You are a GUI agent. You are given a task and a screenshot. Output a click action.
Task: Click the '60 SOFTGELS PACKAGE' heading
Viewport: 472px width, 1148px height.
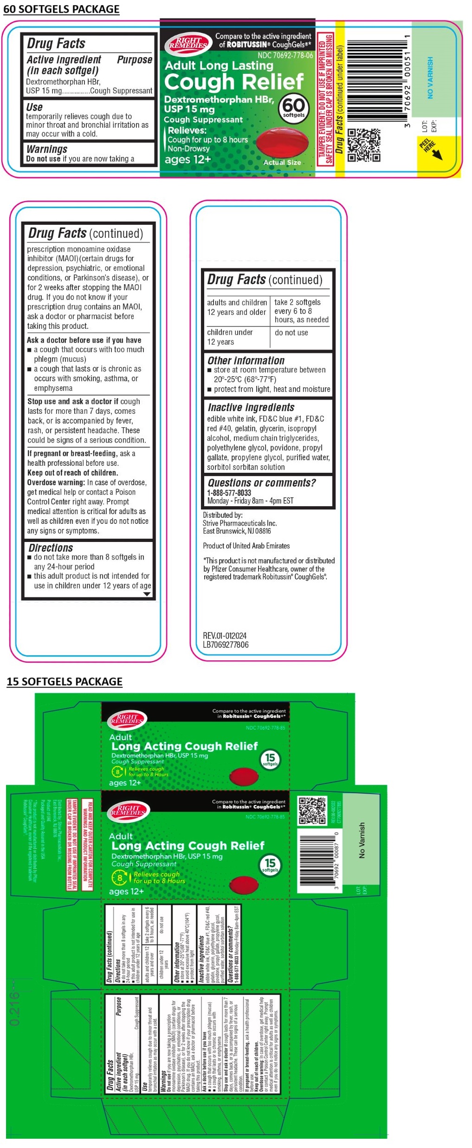(x=61, y=9)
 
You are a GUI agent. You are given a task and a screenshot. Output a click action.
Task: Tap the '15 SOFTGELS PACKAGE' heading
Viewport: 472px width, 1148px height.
(x=65, y=681)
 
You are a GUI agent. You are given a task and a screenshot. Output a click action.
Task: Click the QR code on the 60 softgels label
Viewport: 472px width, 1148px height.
(x=364, y=145)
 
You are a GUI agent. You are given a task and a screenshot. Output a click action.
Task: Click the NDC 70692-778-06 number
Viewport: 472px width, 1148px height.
(x=285, y=55)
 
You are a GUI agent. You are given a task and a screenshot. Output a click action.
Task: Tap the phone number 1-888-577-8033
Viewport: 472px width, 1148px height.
(x=229, y=493)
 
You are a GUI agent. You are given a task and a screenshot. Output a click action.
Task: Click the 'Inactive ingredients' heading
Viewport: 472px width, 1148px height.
(x=251, y=407)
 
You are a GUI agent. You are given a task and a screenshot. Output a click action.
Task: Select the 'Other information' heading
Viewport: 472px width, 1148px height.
(x=246, y=360)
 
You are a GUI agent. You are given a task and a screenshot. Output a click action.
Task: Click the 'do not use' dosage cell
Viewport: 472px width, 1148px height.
(x=291, y=333)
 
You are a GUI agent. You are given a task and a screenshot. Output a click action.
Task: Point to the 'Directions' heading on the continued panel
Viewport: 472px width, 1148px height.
(x=51, y=548)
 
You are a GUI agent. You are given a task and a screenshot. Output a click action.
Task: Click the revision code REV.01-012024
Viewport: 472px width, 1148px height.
(x=225, y=635)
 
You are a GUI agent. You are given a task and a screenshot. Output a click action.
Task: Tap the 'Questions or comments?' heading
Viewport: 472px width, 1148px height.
(x=261, y=483)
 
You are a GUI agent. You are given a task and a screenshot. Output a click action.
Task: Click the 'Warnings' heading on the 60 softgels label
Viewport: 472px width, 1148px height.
(x=47, y=149)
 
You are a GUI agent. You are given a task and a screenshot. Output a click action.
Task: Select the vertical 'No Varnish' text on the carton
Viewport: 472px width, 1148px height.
(x=362, y=840)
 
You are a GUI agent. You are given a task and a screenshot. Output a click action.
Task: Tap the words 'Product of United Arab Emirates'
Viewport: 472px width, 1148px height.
(x=246, y=546)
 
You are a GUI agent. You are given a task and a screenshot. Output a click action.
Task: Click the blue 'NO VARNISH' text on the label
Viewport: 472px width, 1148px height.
(x=430, y=78)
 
